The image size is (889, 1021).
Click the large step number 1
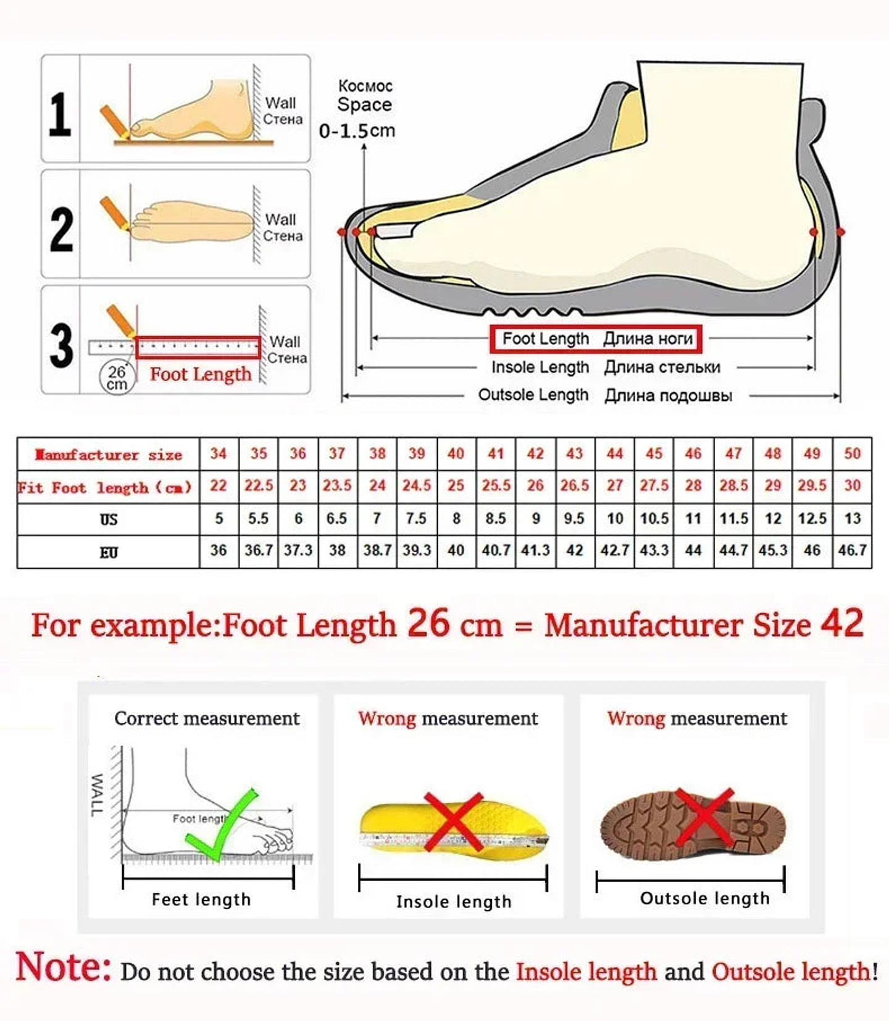tap(60, 114)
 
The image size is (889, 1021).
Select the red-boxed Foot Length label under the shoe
tap(596, 338)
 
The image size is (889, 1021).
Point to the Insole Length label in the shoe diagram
tap(540, 367)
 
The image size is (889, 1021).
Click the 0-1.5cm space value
tap(357, 131)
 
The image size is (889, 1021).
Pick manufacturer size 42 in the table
tap(535, 454)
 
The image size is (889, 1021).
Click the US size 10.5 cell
tap(654, 518)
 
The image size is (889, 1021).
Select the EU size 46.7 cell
tap(852, 550)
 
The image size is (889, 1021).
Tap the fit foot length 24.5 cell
tap(417, 485)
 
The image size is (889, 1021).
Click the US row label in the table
tap(109, 519)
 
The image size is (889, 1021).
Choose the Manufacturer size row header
tap(109, 455)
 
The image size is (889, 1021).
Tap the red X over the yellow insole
tap(454, 821)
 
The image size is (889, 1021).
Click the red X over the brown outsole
tap(704, 817)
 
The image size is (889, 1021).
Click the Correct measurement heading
tap(207, 718)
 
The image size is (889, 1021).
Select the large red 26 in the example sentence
tap(428, 623)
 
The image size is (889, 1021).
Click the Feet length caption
tap(201, 899)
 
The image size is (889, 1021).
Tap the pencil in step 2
tap(114, 213)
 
